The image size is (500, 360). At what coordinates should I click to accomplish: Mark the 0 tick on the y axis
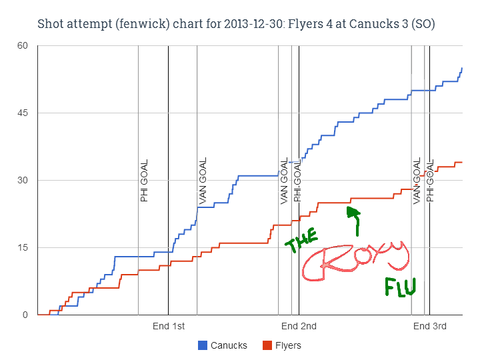coord(25,315)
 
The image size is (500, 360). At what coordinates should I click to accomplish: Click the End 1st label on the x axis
coord(169,326)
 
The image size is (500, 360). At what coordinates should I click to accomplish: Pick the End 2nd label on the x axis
coord(299,326)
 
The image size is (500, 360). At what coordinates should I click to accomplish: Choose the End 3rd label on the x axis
coord(429,326)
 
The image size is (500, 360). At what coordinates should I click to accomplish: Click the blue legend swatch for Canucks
coord(203,345)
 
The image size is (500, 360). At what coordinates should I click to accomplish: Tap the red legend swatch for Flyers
coord(267,345)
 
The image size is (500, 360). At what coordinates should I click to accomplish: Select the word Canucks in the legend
coord(229,345)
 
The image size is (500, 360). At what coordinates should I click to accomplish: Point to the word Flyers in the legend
coord(288,345)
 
